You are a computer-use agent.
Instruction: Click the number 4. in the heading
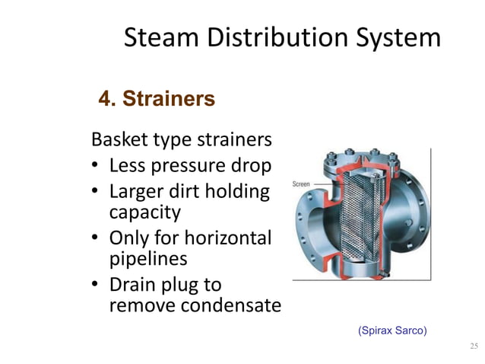(106, 99)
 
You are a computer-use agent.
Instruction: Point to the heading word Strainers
(168, 99)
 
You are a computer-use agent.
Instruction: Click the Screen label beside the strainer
(303, 185)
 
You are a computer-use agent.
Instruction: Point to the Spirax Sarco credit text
(392, 330)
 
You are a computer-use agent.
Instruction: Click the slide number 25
(474, 348)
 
